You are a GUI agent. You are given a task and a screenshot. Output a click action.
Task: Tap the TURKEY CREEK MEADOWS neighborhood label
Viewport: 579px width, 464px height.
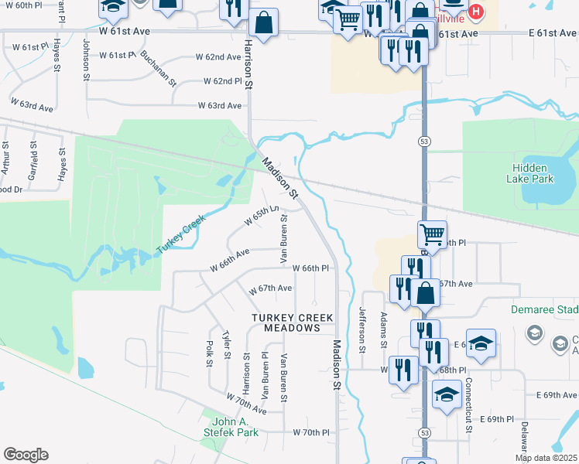pyautogui.click(x=293, y=323)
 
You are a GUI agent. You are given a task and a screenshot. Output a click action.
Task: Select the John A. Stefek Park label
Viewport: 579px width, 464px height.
pyautogui.click(x=234, y=428)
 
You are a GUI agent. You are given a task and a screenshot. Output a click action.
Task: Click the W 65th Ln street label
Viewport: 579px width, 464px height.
pyautogui.click(x=262, y=215)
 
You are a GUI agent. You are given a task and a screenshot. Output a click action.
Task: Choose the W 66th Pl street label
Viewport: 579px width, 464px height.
pyautogui.click(x=311, y=268)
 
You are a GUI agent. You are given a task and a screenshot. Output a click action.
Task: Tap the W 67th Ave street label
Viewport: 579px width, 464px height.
pyautogui.click(x=270, y=288)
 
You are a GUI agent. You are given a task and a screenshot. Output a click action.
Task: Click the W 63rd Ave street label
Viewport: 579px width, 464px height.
pyautogui.click(x=220, y=105)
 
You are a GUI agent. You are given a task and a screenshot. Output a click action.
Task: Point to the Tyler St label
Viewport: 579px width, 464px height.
pyautogui.click(x=227, y=345)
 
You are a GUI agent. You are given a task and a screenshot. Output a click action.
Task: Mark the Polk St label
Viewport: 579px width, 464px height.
pyautogui.click(x=209, y=353)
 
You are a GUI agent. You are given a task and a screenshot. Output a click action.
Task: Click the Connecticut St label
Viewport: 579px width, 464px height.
pyautogui.click(x=468, y=408)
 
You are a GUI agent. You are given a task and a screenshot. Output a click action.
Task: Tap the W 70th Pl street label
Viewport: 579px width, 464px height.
pyautogui.click(x=310, y=432)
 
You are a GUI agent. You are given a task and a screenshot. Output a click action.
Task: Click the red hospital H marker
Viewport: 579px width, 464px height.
pyautogui.click(x=477, y=13)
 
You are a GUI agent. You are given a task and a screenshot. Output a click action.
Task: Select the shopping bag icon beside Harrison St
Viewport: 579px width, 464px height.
pyautogui.click(x=264, y=23)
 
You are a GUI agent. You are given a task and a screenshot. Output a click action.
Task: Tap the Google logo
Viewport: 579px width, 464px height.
pyautogui.click(x=26, y=455)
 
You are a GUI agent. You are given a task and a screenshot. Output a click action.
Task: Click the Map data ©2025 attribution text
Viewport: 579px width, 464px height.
pyautogui.click(x=546, y=458)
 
